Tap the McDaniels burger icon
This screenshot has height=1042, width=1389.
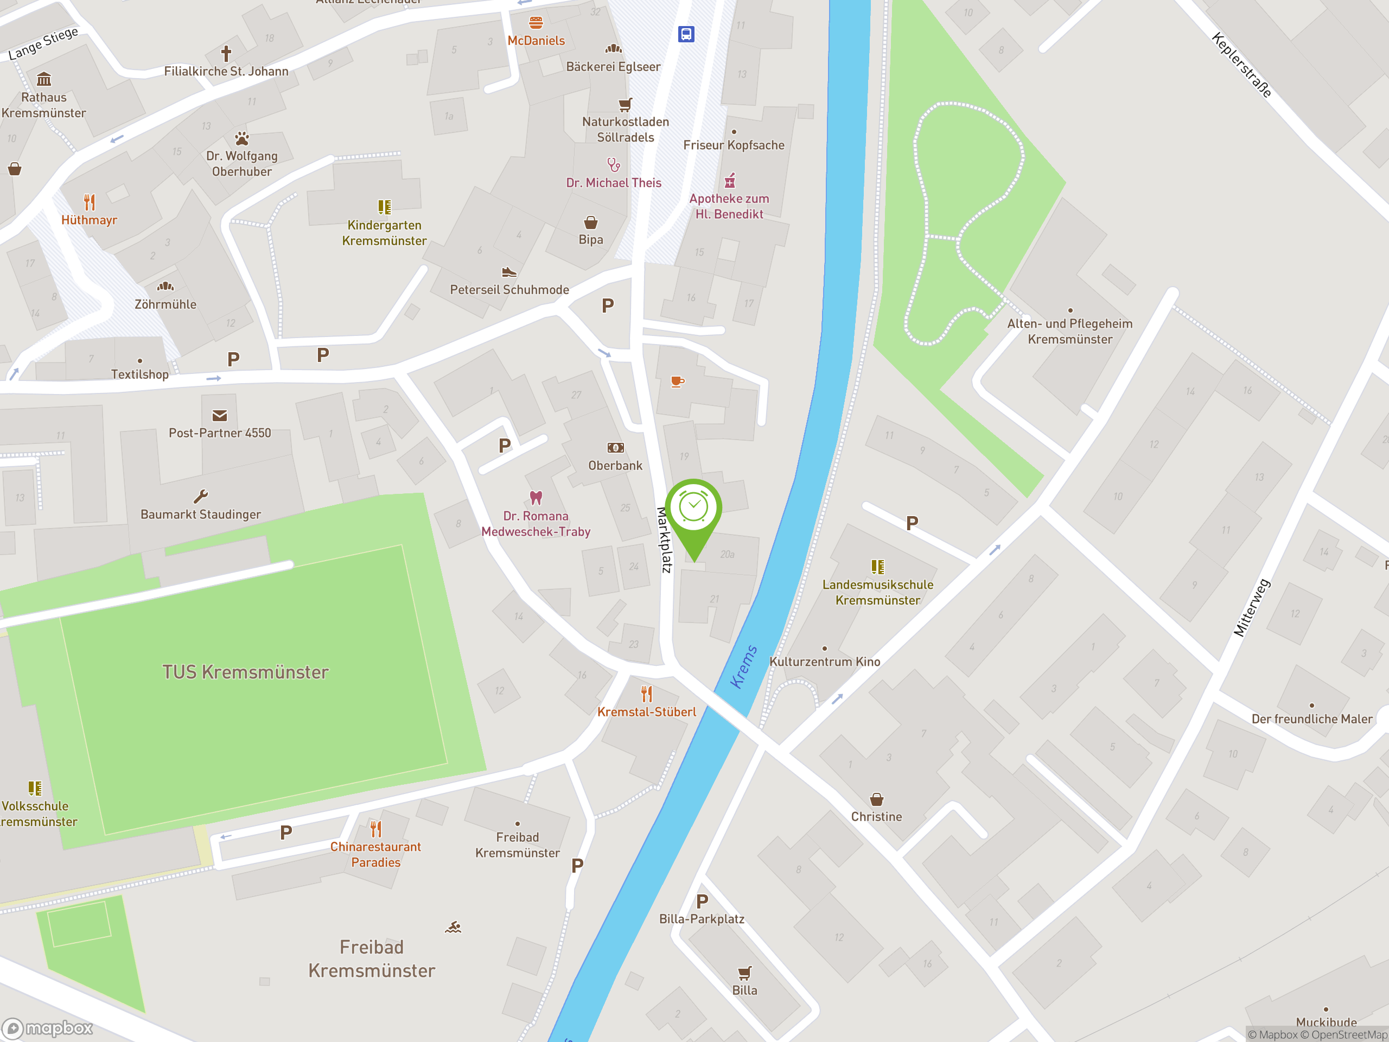click(x=536, y=23)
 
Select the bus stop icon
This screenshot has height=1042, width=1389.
click(x=686, y=34)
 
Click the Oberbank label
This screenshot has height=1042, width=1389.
click(x=615, y=466)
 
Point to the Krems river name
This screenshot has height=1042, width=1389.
click(x=743, y=666)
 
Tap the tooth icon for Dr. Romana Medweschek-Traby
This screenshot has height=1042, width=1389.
click(x=536, y=498)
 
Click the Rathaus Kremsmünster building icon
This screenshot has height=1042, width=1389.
click(x=44, y=80)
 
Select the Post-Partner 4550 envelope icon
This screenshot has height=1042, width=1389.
click(x=220, y=415)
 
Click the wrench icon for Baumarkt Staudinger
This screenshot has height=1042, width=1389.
click(x=201, y=496)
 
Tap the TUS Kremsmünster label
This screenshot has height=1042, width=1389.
click(x=246, y=672)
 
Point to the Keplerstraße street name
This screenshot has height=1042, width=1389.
click(x=1241, y=65)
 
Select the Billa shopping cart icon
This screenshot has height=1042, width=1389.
click(x=745, y=973)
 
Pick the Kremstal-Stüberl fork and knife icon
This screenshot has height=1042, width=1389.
click(x=647, y=694)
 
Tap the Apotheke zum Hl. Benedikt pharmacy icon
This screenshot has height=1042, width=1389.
click(x=730, y=181)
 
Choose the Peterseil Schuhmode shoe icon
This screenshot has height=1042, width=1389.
click(x=509, y=272)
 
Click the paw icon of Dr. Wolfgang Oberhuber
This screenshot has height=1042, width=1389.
click(x=242, y=138)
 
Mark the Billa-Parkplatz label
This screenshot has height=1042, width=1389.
click(x=702, y=919)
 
